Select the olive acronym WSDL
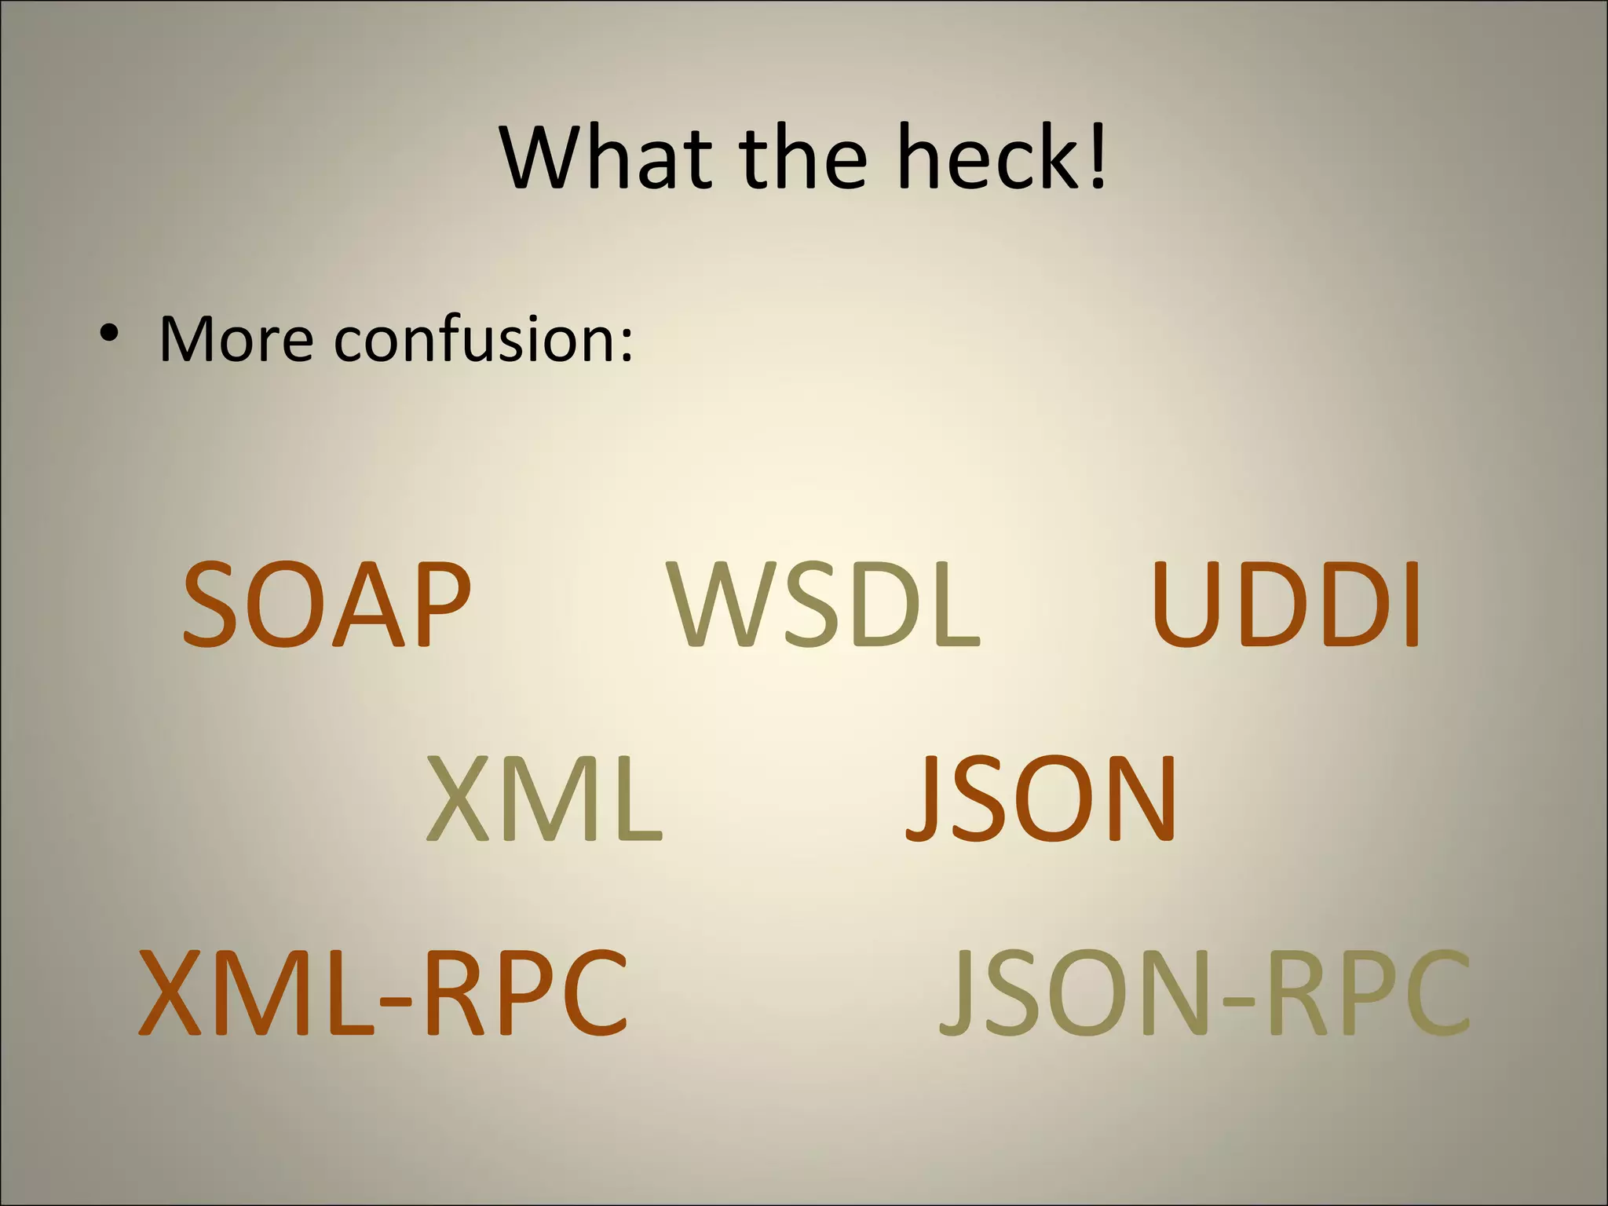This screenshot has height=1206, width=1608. click(824, 606)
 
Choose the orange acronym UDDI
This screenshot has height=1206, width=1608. click(1285, 606)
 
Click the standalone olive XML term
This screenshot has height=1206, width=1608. click(544, 799)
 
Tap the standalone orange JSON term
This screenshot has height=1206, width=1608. click(1041, 799)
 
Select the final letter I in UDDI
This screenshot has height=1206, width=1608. click(1412, 606)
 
